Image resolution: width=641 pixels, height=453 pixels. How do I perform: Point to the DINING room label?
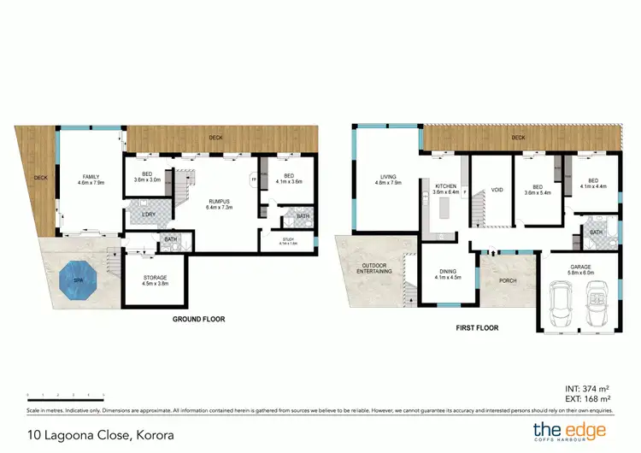(x=449, y=274)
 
